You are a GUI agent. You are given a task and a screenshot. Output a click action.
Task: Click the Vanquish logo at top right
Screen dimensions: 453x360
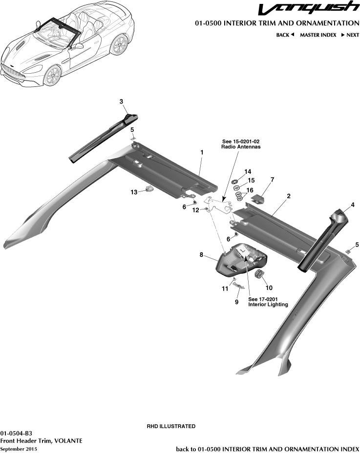coord(308,9)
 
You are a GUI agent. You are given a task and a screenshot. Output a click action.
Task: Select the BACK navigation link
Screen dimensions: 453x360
coord(285,35)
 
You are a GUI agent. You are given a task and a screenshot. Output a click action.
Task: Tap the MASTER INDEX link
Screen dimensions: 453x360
coord(318,35)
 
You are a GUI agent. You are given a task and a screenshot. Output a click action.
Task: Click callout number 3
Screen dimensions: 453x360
coord(121,101)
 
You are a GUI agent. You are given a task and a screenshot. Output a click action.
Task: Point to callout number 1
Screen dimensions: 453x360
coord(201,152)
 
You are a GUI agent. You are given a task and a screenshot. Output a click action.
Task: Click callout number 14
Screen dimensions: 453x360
coord(248,171)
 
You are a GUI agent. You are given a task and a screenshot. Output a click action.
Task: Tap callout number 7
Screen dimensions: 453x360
coord(272,180)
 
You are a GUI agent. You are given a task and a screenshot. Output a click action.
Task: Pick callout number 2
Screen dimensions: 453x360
coord(289,196)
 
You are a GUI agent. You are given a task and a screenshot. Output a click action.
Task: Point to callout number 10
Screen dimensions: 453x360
coord(269,288)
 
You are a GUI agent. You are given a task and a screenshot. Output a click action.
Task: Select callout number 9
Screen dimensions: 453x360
coord(237,302)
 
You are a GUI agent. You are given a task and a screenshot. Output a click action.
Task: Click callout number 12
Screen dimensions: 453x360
coord(195,210)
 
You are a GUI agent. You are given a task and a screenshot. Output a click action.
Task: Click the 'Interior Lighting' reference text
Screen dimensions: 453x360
coord(268,305)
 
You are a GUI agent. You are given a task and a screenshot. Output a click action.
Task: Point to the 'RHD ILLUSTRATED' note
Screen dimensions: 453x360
coord(171,426)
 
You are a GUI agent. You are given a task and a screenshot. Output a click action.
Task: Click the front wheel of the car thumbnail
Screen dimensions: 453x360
coord(53,77)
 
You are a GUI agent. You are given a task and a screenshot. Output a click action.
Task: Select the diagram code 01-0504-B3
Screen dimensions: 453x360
coord(17,433)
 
